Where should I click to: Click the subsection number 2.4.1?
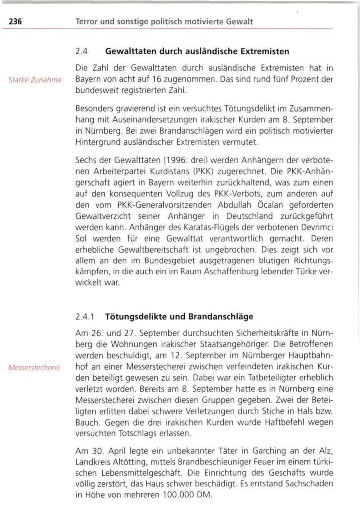point(85,317)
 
